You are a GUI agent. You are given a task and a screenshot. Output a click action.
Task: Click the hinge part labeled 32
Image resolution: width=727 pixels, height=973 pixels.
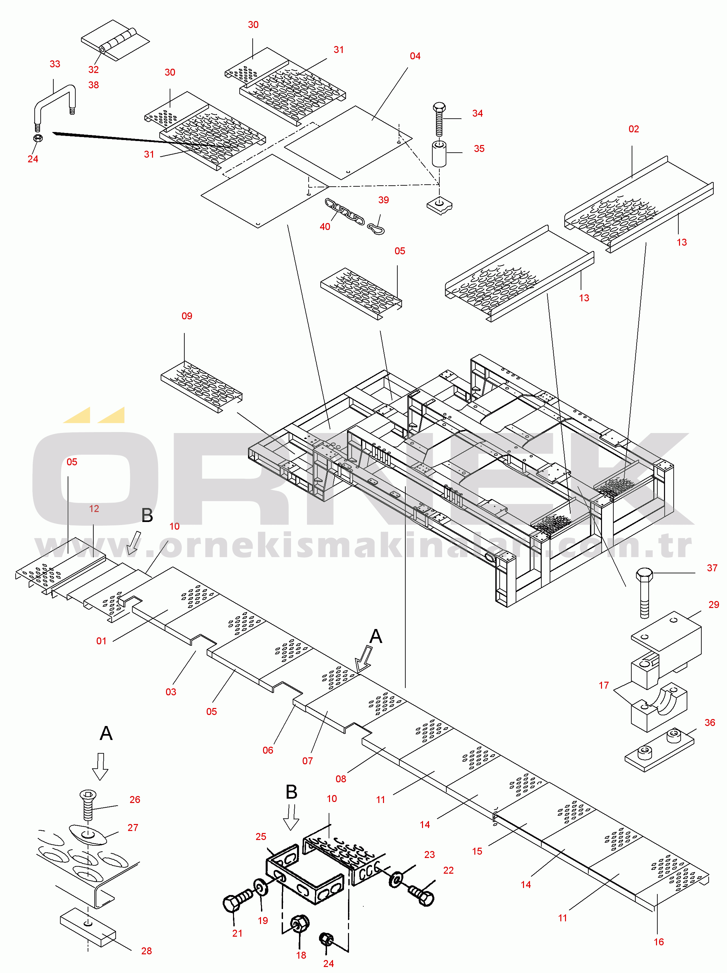click(x=115, y=40)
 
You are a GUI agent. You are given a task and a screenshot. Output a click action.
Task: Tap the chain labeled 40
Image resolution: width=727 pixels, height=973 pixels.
click(x=344, y=212)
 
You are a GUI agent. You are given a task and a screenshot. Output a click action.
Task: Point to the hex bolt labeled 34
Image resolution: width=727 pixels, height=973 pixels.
click(x=439, y=120)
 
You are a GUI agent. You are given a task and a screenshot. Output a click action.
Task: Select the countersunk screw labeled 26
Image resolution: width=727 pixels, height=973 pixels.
click(x=88, y=805)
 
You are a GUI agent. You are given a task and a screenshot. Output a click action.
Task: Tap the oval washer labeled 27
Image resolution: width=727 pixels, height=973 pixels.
click(x=88, y=834)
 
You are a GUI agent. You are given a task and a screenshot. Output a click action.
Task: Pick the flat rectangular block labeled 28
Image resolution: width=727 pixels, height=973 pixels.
click(x=88, y=927)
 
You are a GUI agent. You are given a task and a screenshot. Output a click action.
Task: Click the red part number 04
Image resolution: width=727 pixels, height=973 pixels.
click(x=415, y=56)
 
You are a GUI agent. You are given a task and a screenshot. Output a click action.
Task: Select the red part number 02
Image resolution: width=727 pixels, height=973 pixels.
click(x=633, y=129)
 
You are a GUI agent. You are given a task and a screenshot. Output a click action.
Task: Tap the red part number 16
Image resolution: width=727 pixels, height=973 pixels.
click(x=658, y=942)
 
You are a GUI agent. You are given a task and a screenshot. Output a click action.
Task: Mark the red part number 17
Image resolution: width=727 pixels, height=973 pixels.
click(x=603, y=685)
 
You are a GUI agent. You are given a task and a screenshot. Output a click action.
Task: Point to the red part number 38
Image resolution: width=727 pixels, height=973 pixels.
click(x=93, y=85)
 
